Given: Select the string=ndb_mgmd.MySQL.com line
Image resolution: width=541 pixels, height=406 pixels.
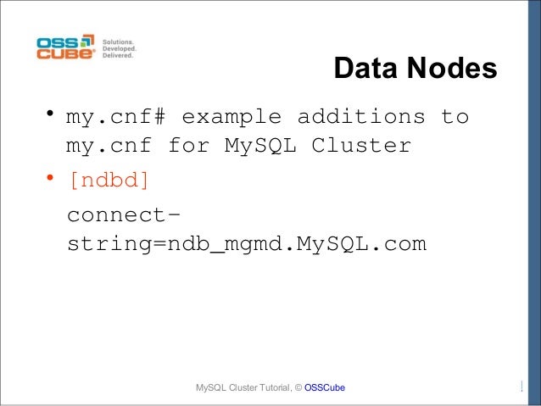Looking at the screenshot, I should pos(245,244).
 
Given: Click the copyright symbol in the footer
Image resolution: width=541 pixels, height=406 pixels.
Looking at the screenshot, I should pos(297,388).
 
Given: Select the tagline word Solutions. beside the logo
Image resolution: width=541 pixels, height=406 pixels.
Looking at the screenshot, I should pos(120,41).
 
